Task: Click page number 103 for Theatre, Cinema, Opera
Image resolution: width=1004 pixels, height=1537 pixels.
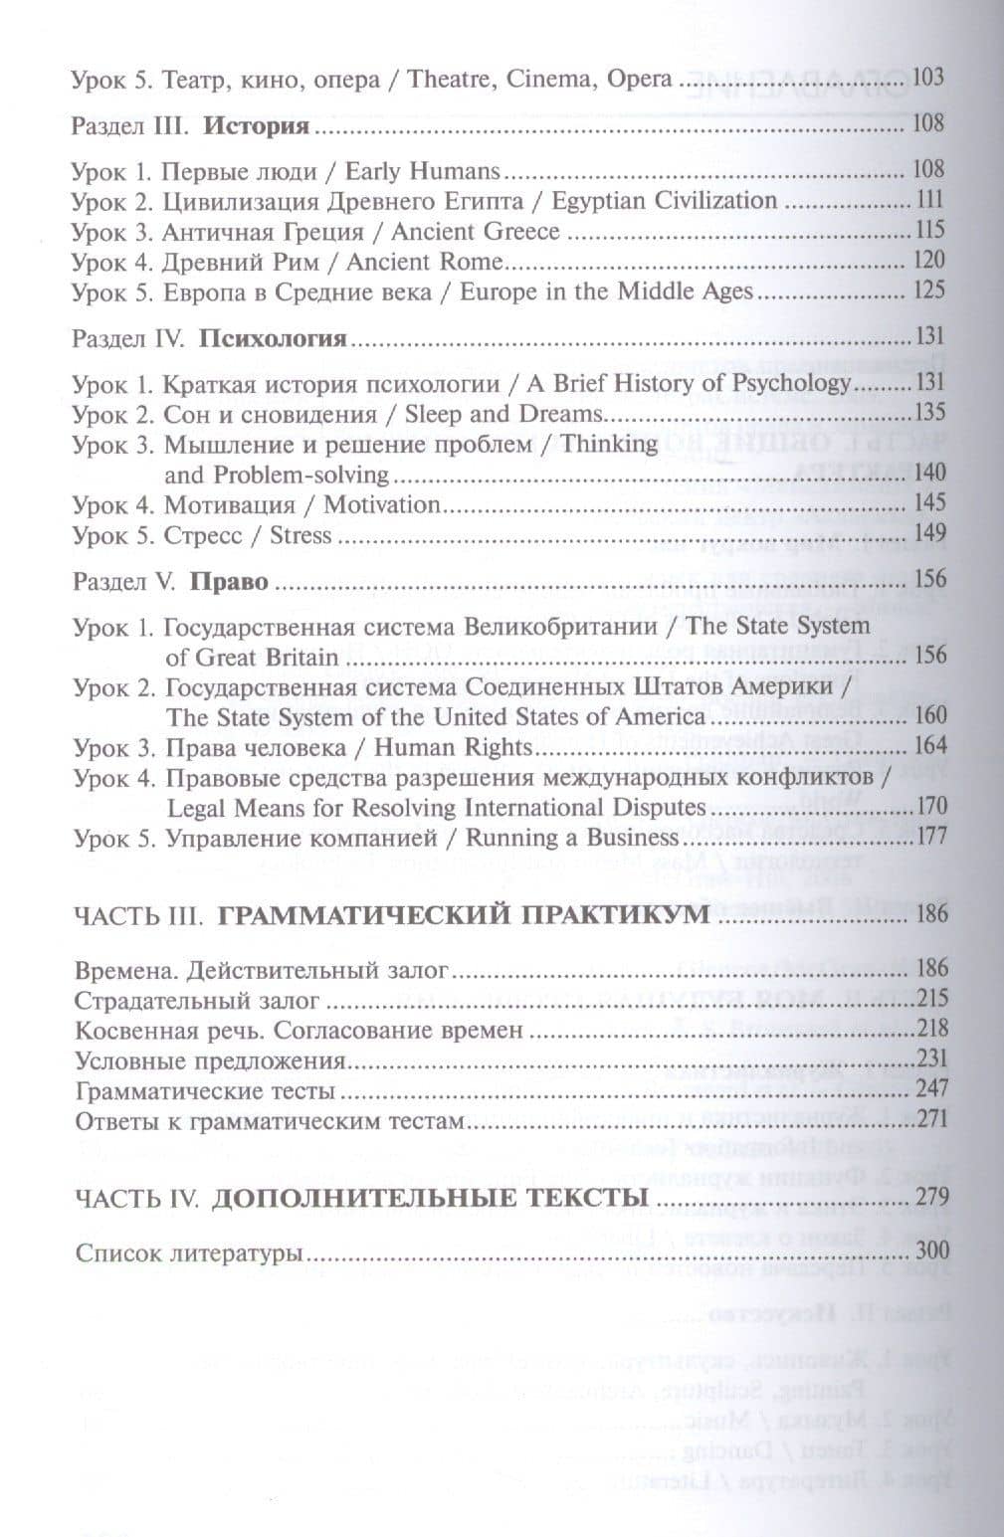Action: [x=926, y=78]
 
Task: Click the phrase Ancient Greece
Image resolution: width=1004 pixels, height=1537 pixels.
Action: [x=476, y=232]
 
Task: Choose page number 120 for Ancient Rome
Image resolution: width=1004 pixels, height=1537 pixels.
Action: [x=927, y=262]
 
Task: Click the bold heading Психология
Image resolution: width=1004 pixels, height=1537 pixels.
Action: [x=274, y=339]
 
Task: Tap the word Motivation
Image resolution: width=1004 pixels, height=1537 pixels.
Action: [x=381, y=504]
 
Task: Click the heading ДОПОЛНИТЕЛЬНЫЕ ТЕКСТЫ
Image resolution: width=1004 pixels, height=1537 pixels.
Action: [x=431, y=1198]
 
